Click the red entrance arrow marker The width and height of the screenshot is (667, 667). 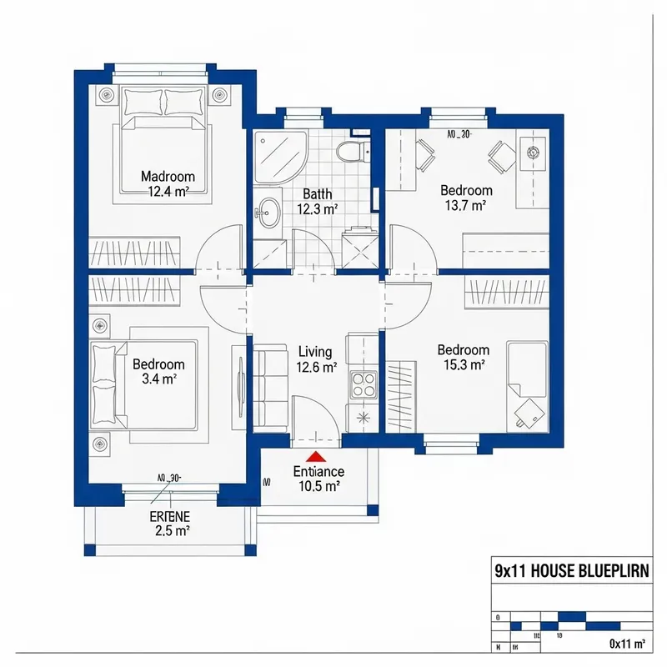(316, 456)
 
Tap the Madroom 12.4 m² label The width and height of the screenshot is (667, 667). (168, 183)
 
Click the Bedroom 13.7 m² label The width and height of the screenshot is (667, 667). (466, 198)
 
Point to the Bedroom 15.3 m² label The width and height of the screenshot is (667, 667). (463, 357)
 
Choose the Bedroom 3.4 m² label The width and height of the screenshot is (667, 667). (158, 372)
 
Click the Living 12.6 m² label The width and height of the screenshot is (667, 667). (316, 359)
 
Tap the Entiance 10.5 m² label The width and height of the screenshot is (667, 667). (318, 479)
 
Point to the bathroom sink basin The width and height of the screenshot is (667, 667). (268, 212)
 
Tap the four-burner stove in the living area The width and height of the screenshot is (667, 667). (364, 384)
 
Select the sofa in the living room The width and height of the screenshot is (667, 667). (268, 388)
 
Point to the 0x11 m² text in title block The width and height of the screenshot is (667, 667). (628, 643)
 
